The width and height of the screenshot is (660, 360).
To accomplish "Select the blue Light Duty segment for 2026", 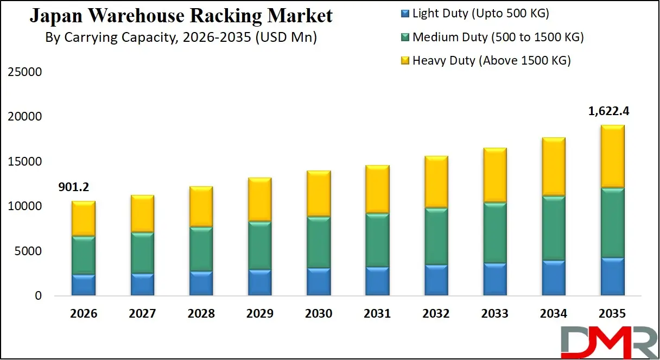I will [84, 285].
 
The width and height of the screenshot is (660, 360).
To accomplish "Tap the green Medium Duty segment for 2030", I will [319, 243].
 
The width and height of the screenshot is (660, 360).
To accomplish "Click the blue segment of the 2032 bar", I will [436, 280].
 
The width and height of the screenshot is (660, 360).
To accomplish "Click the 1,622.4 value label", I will [609, 111].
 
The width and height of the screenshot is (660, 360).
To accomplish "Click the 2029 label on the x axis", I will [259, 313].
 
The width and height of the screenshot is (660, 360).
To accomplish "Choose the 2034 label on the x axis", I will [553, 313].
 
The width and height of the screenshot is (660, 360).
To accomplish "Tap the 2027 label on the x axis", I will [142, 313].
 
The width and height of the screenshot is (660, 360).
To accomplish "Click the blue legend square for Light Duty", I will [404, 14].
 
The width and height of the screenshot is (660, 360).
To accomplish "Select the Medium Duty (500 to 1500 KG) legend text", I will [498, 37].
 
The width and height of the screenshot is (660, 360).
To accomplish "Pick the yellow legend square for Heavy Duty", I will [404, 61].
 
